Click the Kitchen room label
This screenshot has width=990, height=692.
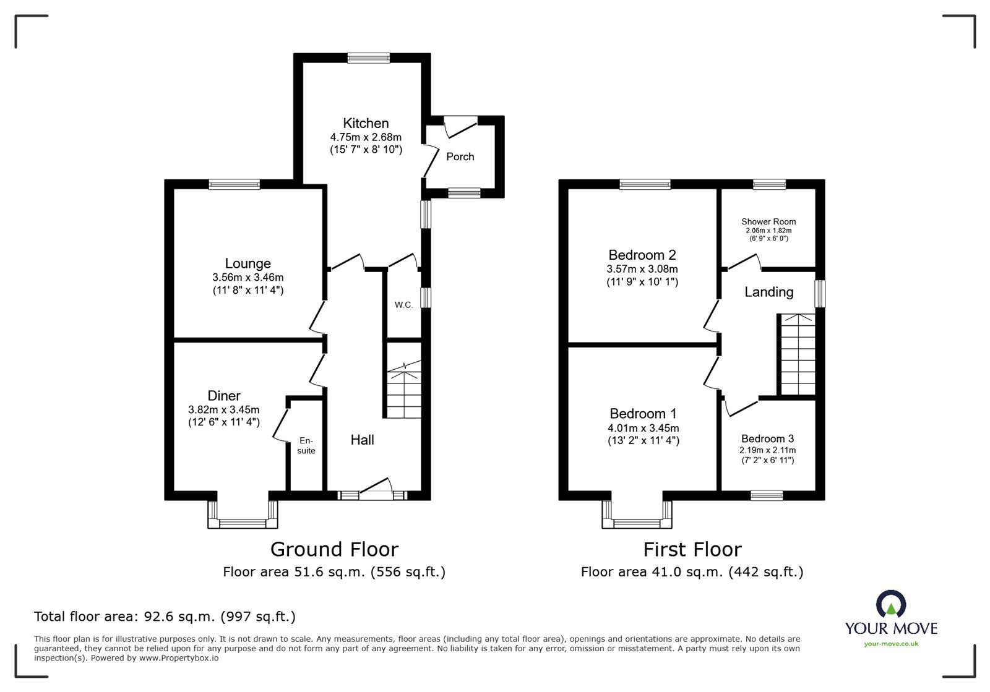coord(366,123)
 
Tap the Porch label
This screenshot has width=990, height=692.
coord(460,156)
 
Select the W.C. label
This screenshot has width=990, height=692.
coord(403,305)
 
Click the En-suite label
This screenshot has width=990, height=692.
coord(306,445)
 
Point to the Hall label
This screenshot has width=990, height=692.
coord(362,440)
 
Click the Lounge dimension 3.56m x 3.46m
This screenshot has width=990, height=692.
coord(247,278)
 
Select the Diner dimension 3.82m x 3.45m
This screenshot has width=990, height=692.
coord(224,409)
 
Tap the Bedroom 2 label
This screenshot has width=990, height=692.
coord(642,255)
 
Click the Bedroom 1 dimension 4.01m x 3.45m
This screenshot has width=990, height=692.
coord(643,428)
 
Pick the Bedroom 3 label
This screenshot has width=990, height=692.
coord(767,438)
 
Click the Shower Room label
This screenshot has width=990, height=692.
coord(768,221)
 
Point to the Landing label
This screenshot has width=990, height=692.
coord(768,292)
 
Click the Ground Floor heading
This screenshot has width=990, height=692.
coord(334,549)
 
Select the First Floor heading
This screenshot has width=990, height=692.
coord(692,549)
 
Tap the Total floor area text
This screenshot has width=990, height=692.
coord(165,617)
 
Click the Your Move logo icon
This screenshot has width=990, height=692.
coord(891,604)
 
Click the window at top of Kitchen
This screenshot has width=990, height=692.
coord(368,58)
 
